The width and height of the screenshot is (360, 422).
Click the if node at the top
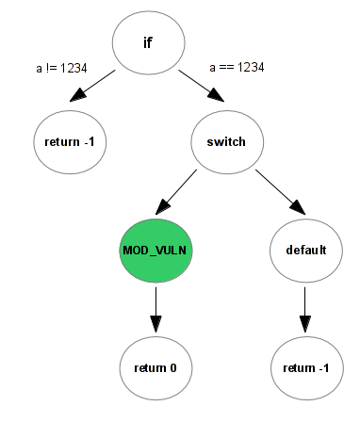(x=148, y=43)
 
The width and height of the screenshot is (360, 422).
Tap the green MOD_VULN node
(x=156, y=251)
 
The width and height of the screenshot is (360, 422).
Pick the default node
(x=305, y=251)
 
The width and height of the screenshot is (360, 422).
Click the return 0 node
(x=156, y=365)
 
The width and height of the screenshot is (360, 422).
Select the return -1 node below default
(x=305, y=365)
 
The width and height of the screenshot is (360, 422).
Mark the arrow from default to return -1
(x=305, y=306)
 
